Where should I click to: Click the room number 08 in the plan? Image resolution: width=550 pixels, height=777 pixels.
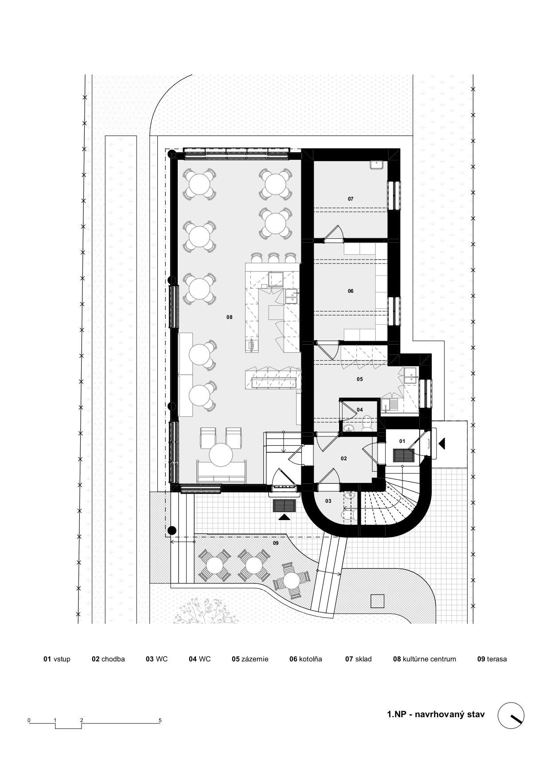229,317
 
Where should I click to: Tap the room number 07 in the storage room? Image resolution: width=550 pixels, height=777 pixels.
351,199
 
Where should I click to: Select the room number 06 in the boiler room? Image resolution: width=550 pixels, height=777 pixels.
351,291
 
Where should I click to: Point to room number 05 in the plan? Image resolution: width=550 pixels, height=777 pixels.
360,379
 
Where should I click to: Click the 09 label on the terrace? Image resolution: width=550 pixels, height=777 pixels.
276,543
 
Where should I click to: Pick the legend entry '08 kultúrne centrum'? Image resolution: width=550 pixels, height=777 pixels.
425,659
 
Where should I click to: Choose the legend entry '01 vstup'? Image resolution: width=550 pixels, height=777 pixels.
57,659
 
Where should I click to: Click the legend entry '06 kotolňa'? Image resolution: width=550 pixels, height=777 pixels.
306,659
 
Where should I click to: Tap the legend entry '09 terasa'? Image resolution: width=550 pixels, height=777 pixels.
492,659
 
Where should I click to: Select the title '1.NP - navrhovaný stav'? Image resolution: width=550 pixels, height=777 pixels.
436,714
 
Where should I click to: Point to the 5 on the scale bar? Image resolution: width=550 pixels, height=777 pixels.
160,720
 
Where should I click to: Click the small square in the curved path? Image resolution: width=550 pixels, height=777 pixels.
378,601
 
